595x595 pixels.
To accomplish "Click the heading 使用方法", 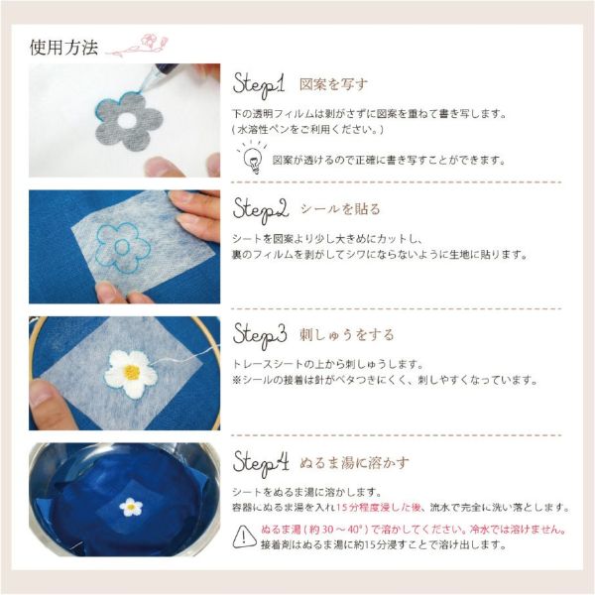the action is point(63,48).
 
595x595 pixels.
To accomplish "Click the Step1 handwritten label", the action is point(259,85).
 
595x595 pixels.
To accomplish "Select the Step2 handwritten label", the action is point(260,210).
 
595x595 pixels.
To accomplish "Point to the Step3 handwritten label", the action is point(260,335).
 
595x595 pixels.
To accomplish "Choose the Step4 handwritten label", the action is point(261,463).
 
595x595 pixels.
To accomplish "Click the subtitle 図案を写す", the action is point(333,84).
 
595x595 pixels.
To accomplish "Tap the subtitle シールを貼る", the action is point(340,208).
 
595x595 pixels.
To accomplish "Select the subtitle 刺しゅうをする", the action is point(347,335).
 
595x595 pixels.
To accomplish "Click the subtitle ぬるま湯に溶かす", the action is point(354,462).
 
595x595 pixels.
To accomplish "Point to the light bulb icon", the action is point(252,158).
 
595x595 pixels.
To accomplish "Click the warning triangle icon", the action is point(244,536).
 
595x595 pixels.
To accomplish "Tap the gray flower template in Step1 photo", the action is point(129,121).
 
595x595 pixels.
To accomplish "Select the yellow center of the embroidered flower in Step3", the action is point(131,372).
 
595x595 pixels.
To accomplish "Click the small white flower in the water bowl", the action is point(131,507).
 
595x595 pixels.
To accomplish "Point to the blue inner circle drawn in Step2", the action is point(121,247).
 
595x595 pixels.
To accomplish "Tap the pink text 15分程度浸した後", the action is point(379,507).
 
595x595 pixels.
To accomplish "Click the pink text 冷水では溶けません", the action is point(518,530).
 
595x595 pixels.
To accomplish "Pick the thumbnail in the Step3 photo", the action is point(41,393).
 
